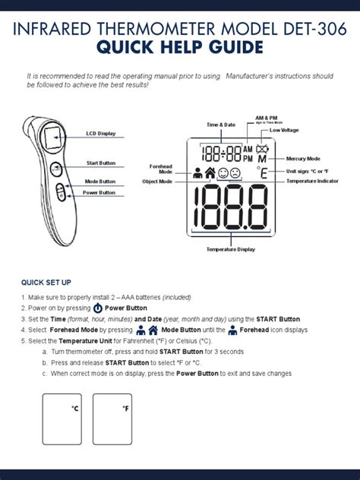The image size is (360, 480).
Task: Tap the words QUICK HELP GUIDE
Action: coord(180,49)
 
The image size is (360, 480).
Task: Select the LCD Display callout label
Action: coord(100,133)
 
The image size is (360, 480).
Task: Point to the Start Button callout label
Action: coord(100,163)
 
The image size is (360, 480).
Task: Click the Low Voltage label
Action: coord(284,131)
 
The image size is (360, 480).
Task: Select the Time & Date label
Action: coord(221,124)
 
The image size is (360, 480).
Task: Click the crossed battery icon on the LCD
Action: coord(262,149)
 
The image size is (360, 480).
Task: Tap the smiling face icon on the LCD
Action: coord(223,173)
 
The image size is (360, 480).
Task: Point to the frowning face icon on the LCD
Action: coord(236,173)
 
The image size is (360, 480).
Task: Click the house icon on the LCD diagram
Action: coord(210,173)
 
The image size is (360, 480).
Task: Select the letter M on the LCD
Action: coord(263,161)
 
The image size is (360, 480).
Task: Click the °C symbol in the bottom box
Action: coord(74,409)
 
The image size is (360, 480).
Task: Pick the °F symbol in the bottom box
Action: coord(125,409)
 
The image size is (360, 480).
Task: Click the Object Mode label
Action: coord(157,182)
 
